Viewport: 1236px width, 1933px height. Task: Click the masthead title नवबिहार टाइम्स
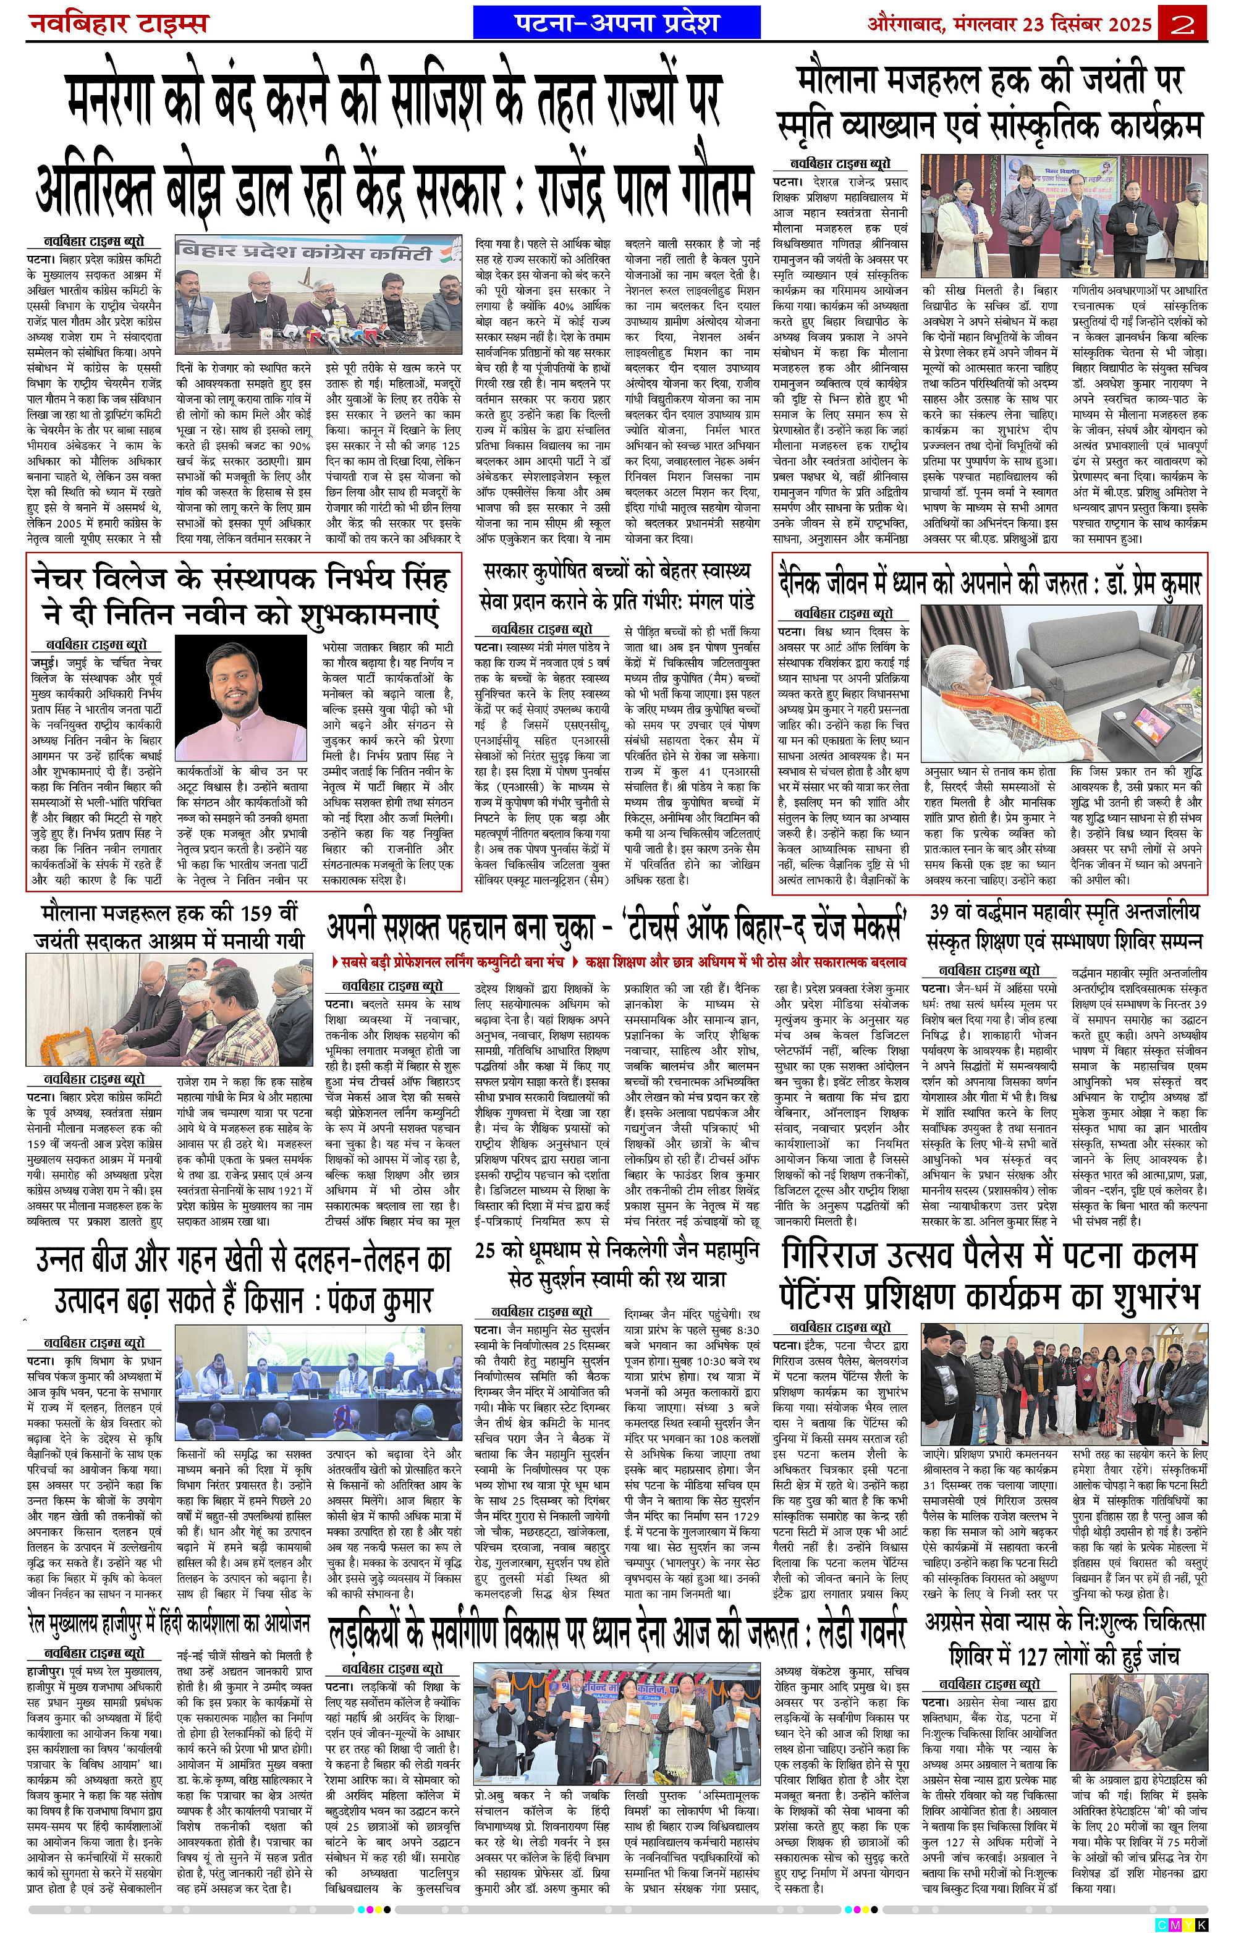point(119,23)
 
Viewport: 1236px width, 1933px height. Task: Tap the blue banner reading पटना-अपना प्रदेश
point(616,22)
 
